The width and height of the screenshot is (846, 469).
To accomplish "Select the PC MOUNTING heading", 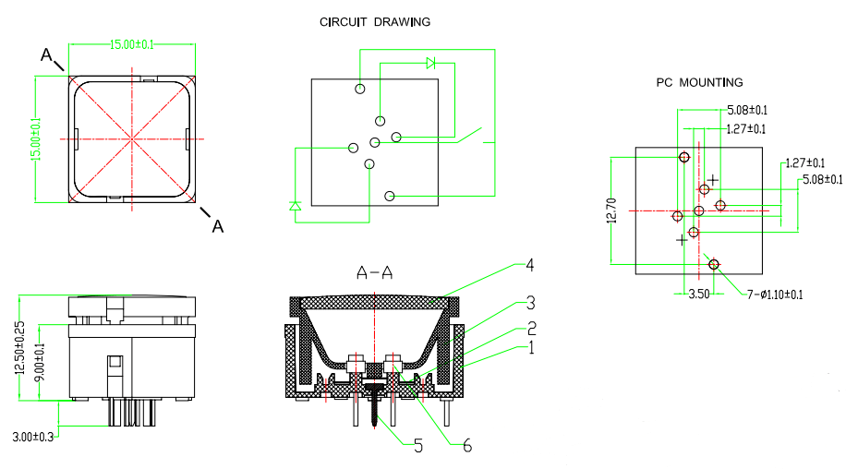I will click(699, 82).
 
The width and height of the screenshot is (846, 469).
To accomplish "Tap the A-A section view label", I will click(375, 272).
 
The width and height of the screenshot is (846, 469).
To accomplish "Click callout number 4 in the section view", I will click(529, 265).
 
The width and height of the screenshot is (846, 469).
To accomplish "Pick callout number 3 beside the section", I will click(530, 301).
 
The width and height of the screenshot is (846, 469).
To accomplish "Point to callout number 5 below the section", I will click(417, 446).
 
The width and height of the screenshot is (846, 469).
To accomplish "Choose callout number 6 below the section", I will click(466, 446).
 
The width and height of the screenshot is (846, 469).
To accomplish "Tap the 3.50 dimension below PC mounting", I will click(698, 295).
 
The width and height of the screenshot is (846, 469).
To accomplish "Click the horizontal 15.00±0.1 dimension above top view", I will click(132, 44).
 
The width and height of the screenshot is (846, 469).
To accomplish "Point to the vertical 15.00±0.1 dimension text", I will click(36, 138).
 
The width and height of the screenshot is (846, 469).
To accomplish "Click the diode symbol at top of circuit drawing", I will click(431, 64).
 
